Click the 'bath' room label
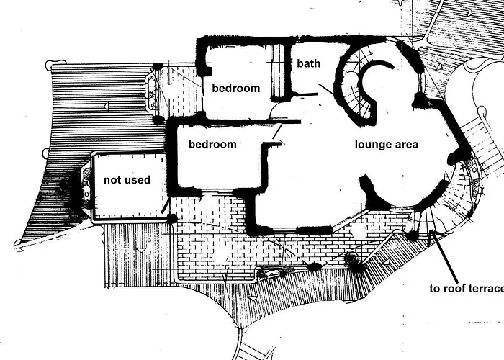click(309, 63)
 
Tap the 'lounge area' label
click(387, 144)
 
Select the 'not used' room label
click(127, 180)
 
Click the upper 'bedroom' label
click(236, 88)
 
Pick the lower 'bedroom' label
click(212, 144)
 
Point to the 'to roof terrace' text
click(467, 288)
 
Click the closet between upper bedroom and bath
click(279, 72)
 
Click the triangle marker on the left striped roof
click(105, 106)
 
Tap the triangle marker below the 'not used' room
click(141, 249)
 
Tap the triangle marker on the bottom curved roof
click(253, 299)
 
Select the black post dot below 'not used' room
click(172, 219)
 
